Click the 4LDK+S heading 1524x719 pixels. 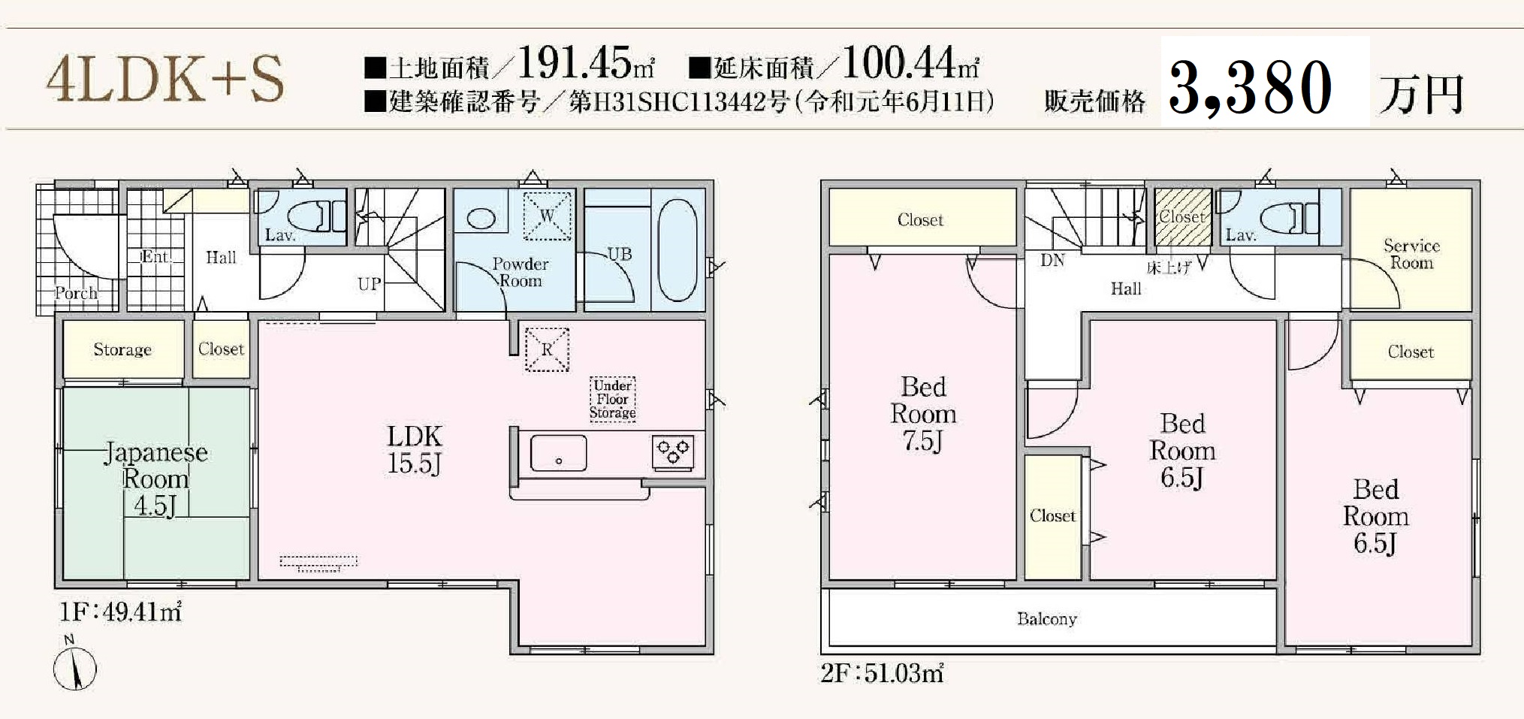165,79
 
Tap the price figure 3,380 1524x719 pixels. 1251,89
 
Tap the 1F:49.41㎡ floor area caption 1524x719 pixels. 120,612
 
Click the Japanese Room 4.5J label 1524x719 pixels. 155,479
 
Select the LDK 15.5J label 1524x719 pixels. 415,449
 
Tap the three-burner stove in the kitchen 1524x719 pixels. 673,452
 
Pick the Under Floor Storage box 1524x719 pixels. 612,399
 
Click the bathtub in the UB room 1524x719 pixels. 678,250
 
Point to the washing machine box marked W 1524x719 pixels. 547,216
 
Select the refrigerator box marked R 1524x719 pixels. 547,349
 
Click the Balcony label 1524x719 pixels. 1047,619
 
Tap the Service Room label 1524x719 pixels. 1411,254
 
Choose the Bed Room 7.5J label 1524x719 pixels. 923,414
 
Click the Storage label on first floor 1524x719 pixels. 122,349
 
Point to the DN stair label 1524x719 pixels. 1052,261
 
